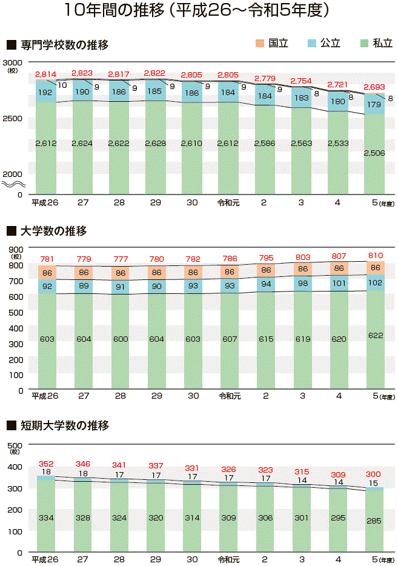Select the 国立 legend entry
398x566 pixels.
point(272,44)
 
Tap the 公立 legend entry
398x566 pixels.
point(324,44)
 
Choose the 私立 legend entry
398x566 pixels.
point(376,44)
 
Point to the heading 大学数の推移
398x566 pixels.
point(53,231)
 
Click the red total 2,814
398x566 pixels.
point(46,75)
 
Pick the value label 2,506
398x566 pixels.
point(374,153)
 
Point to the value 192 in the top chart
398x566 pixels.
point(45,93)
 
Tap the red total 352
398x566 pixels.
point(46,464)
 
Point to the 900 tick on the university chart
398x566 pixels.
point(15,248)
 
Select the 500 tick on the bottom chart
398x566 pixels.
point(15,445)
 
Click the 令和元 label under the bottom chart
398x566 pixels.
point(229,559)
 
